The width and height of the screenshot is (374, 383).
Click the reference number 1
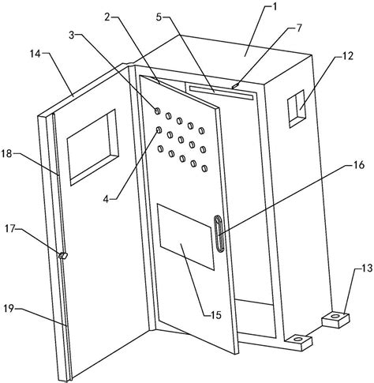click(x=275, y=6)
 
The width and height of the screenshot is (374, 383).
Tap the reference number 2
click(x=107, y=17)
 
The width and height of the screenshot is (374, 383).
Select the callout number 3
click(x=72, y=35)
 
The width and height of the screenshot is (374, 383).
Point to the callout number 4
click(x=106, y=199)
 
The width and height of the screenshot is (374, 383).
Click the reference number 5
click(x=159, y=17)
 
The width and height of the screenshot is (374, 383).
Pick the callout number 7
click(x=299, y=28)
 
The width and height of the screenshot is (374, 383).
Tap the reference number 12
click(x=348, y=56)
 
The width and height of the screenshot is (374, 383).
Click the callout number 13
click(x=366, y=268)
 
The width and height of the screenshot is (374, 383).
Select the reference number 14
click(x=36, y=54)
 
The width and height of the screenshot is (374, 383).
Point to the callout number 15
click(x=216, y=315)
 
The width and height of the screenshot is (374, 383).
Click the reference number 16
click(x=359, y=165)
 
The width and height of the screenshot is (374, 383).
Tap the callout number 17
click(x=11, y=228)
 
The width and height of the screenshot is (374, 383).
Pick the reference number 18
click(x=7, y=154)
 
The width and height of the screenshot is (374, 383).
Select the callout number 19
click(x=9, y=309)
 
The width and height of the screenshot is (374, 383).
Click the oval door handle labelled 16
click(x=219, y=234)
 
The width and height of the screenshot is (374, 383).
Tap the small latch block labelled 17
click(x=63, y=255)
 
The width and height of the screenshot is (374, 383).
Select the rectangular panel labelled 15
click(x=185, y=236)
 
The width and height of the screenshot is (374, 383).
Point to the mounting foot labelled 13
click(x=335, y=319)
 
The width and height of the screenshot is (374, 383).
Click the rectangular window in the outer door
click(x=92, y=148)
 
